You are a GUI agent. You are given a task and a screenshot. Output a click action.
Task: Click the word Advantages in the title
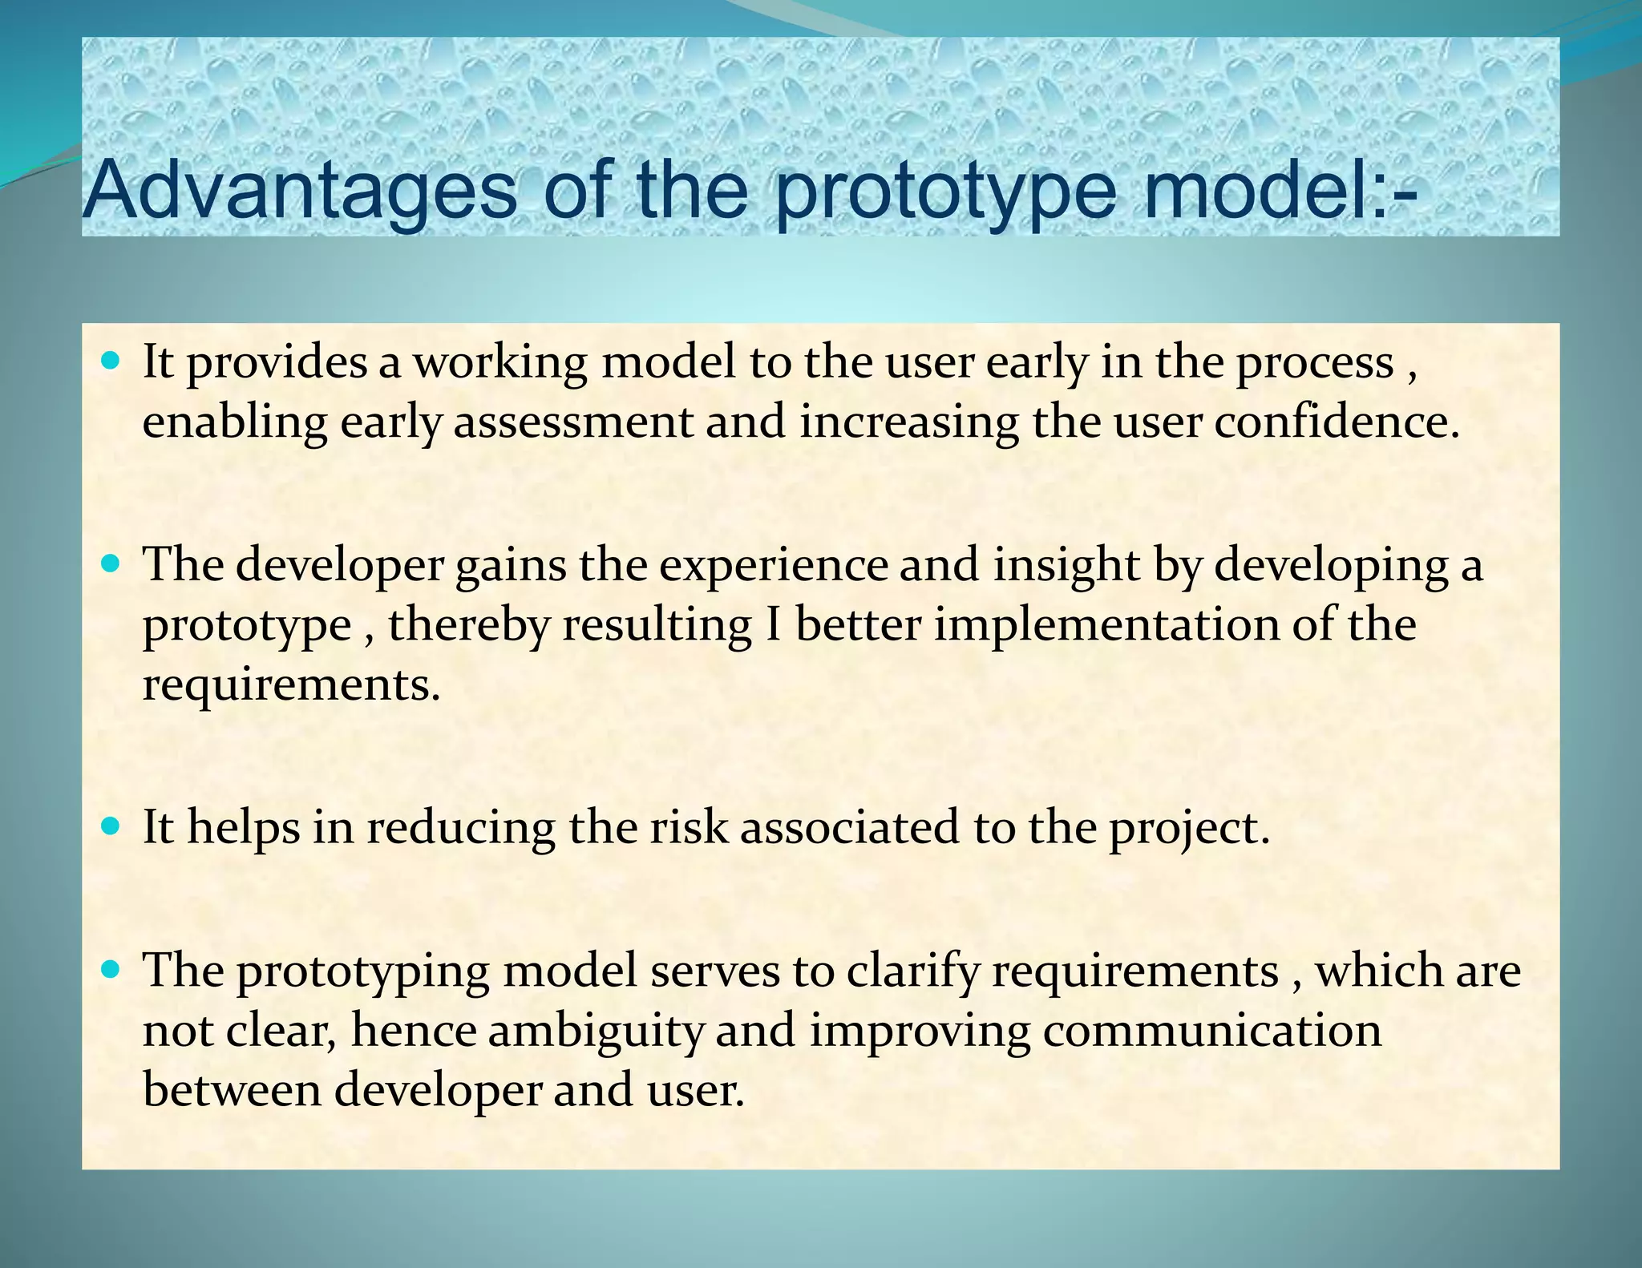point(300,191)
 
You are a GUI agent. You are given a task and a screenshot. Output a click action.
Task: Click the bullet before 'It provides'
point(111,361)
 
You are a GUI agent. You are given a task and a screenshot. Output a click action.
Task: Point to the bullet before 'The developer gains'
point(111,564)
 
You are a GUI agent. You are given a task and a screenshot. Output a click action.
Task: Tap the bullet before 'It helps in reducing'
point(111,826)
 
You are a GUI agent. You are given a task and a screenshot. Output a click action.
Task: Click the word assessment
point(572,422)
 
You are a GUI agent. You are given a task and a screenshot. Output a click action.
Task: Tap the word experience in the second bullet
point(773,565)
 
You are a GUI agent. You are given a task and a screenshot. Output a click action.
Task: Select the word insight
point(1066,565)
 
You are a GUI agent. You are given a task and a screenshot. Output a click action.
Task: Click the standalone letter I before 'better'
point(773,625)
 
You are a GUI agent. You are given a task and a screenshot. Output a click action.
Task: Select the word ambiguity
point(597,1032)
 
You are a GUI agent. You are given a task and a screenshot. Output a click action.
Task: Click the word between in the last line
point(232,1090)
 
